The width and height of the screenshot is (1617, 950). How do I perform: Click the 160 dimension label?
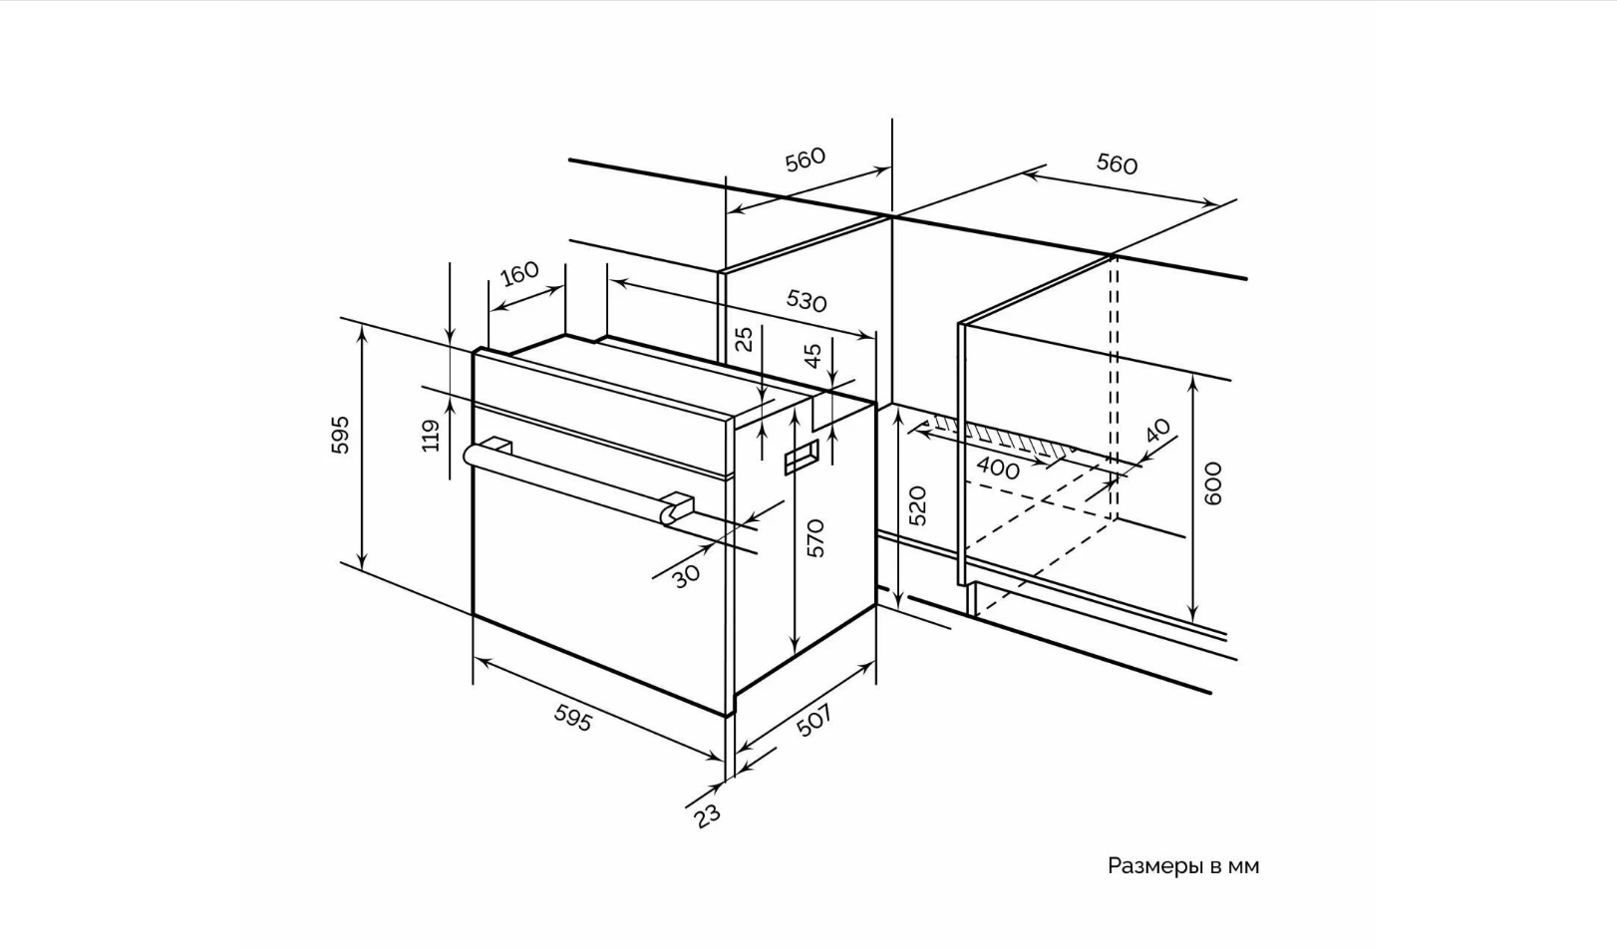pos(519,273)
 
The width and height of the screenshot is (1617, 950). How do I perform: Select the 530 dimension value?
pos(807,300)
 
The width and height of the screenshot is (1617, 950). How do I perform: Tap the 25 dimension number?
pos(745,339)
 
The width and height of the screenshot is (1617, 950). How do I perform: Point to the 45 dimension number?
pos(812,355)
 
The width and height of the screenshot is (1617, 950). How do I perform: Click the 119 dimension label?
pos(431,436)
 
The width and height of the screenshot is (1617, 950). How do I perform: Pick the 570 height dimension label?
pos(815,538)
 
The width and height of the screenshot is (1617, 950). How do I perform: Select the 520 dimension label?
pos(917,506)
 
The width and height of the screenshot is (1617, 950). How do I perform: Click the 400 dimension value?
pos(998,469)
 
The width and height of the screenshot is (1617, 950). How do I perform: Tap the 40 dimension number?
pos(1157,431)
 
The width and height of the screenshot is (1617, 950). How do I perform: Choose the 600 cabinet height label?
pos(1213,483)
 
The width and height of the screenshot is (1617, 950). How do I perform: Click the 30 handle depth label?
pos(687,576)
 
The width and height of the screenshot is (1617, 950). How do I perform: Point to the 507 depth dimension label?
pos(814,721)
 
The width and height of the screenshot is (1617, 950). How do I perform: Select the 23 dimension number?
pos(707,815)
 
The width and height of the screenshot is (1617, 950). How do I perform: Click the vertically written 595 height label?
pos(340,435)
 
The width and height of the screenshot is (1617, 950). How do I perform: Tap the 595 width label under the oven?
pos(573,718)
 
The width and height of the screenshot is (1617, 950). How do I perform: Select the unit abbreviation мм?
pos(1243,866)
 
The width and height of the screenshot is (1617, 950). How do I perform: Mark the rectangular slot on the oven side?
pos(802,457)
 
